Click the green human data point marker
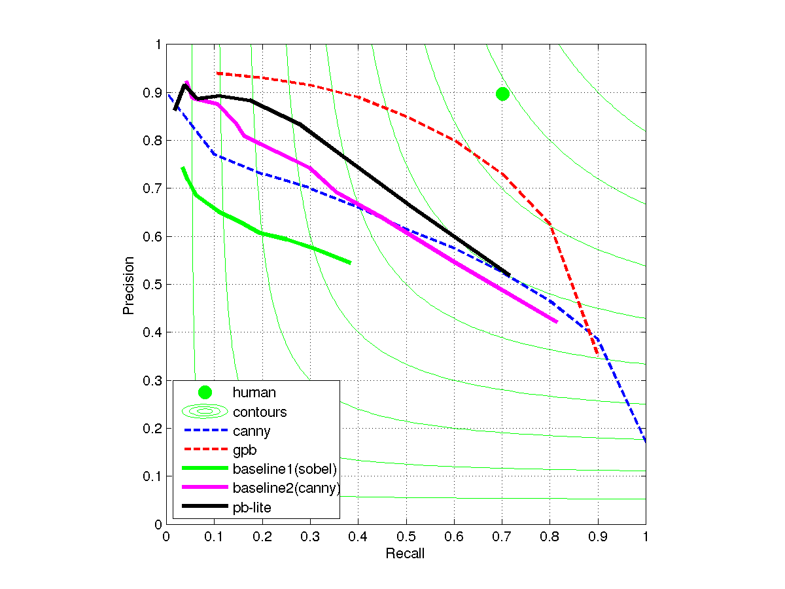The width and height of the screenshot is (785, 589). [502, 94]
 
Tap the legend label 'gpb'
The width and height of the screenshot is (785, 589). [245, 450]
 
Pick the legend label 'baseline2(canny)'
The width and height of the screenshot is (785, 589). [286, 488]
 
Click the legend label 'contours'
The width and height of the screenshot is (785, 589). [260, 412]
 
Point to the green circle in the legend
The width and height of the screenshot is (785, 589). [205, 393]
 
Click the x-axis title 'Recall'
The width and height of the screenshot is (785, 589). [405, 554]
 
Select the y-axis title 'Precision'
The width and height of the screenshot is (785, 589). [129, 285]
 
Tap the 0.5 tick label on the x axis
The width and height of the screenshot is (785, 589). [406, 536]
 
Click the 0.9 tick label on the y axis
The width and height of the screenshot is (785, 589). [153, 93]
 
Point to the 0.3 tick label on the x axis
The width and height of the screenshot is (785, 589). [310, 536]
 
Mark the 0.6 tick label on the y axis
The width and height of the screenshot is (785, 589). [153, 237]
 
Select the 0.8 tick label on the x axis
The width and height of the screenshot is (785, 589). [549, 536]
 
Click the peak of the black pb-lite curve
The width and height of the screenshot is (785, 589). [184, 85]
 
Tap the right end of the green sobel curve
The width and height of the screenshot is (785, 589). [351, 263]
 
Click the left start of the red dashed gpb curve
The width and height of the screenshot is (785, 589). [217, 73]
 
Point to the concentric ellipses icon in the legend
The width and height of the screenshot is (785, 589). [205, 412]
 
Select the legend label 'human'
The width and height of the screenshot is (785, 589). [254, 393]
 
